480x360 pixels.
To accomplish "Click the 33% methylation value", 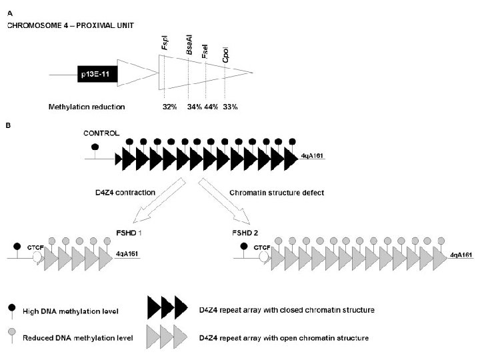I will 230,107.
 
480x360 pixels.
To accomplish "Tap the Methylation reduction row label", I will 87,107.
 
